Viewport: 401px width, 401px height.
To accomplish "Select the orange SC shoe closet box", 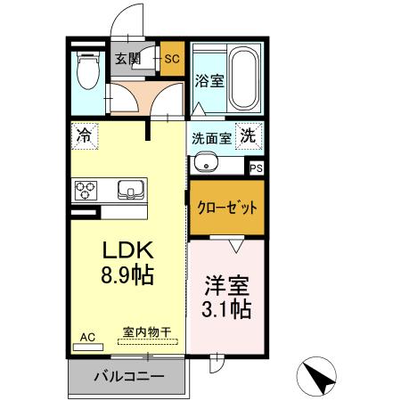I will (172, 60).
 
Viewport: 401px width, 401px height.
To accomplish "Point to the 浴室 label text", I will (209, 79).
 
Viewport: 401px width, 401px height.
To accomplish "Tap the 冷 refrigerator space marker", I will (84, 136).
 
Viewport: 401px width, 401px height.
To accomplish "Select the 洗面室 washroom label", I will (211, 139).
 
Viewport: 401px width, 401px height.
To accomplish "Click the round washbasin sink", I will (204, 164).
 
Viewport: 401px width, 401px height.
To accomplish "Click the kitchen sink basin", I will (131, 190).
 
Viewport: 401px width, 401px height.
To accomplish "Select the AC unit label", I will (87, 337).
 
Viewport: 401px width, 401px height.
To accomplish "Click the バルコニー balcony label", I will (128, 376).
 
